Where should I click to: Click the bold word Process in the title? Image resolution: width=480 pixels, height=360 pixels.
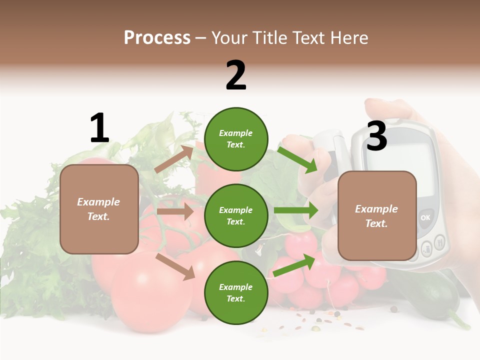[157, 38]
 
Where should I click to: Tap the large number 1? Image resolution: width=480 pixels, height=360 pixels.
[99, 128]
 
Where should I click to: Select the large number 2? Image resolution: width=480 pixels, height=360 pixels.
[236, 75]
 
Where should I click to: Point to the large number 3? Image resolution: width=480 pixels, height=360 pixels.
[376, 136]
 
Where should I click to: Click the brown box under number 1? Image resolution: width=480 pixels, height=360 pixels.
[99, 209]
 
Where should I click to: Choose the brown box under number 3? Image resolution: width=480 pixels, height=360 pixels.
[377, 216]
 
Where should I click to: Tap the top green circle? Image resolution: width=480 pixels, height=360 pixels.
[236, 139]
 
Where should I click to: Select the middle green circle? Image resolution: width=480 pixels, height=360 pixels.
[236, 215]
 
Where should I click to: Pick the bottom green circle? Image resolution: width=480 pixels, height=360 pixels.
[236, 292]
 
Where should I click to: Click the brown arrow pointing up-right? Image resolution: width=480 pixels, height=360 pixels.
[174, 159]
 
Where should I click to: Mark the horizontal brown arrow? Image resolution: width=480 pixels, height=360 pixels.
[175, 211]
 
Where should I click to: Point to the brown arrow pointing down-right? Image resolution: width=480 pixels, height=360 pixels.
[175, 266]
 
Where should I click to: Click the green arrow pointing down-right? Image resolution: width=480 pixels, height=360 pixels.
[297, 159]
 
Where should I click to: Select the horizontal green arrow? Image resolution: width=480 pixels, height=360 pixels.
[296, 210]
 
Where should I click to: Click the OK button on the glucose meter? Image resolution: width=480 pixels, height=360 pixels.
[425, 217]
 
